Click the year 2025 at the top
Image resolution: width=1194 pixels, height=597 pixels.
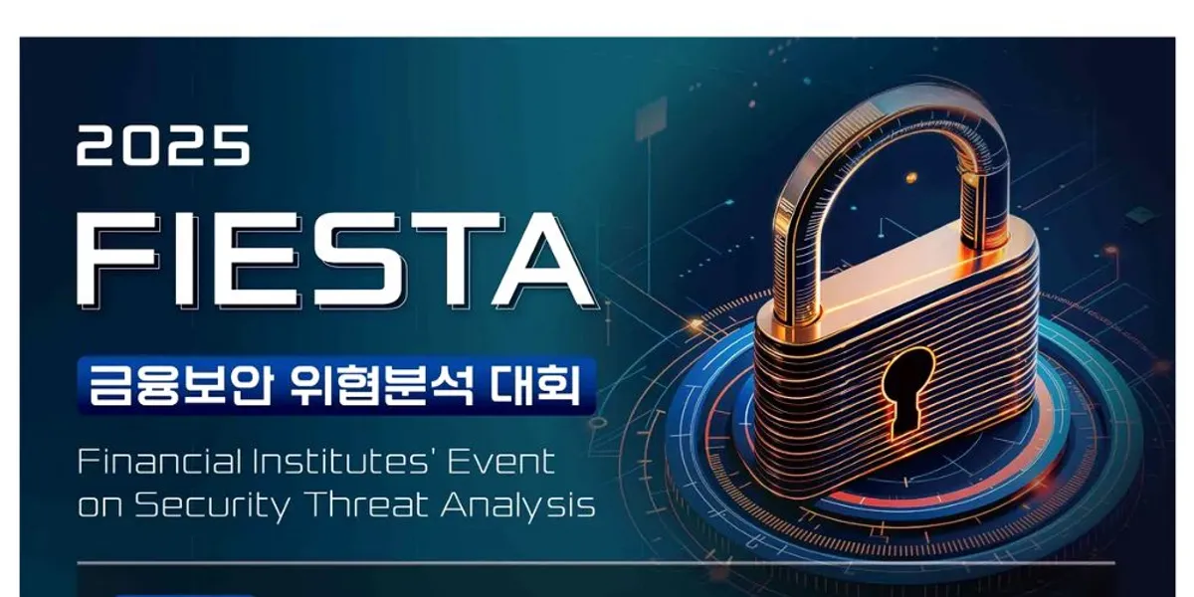coord(163,145)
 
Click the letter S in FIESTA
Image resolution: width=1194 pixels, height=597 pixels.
coord(356,260)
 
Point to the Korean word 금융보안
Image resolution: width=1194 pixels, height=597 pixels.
coord(181,385)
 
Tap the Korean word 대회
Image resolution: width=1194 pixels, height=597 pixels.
coord(535,385)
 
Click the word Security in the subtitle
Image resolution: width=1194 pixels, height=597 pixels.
coord(213,505)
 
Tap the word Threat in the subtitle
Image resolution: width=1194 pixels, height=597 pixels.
coord(369,503)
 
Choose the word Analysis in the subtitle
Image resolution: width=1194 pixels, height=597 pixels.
coord(518,505)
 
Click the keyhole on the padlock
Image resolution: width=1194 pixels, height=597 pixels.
coord(907,390)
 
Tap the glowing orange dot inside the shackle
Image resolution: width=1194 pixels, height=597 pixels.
coord(911,176)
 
